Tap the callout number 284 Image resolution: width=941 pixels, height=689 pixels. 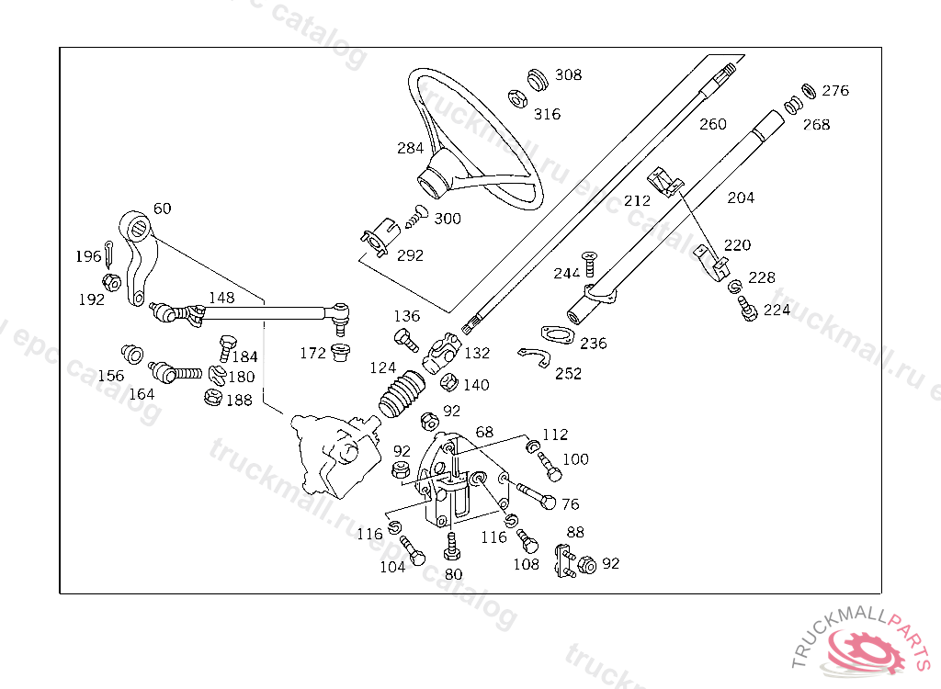pos(411,148)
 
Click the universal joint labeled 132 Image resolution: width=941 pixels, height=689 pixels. pos(442,354)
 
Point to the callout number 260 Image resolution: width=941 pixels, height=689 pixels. pos(713,124)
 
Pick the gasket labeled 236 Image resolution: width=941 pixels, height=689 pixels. pos(558,334)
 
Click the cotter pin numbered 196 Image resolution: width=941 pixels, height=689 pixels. pos(108,254)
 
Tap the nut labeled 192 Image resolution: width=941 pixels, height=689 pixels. pos(111,281)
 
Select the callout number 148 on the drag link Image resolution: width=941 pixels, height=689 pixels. pos(221,298)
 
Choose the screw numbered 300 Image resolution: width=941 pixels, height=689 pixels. pos(416,216)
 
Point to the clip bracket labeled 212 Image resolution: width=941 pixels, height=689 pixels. pos(665,181)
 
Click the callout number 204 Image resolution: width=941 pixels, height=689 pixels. pos(741,198)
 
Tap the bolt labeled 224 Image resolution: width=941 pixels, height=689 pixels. pos(747,309)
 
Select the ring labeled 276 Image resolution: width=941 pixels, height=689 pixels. pos(809,91)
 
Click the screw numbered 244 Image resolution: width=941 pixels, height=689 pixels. pos(589,264)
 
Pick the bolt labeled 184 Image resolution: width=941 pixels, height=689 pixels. pos(227,348)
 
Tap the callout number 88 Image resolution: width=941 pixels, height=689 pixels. pos(575,532)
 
